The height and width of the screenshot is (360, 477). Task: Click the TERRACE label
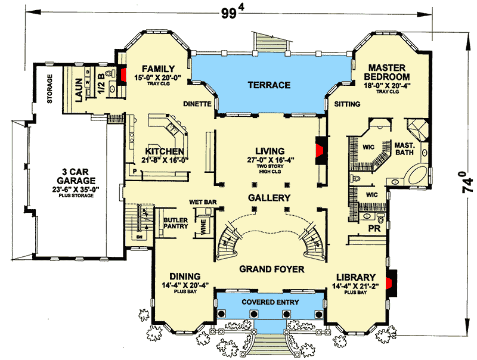tap(268, 85)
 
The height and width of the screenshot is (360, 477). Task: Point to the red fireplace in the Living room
tap(321, 147)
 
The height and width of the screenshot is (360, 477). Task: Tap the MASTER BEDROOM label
tap(389, 73)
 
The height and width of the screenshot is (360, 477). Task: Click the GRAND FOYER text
tap(271, 269)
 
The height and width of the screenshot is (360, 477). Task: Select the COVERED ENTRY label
tap(270, 302)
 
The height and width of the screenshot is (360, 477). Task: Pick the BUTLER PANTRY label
tap(175, 224)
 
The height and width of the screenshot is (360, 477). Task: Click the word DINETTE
tap(198, 104)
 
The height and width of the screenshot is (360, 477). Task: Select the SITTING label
tap(348, 104)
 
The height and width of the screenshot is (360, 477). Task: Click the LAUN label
tap(78, 89)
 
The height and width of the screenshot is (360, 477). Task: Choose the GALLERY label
tap(270, 198)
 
